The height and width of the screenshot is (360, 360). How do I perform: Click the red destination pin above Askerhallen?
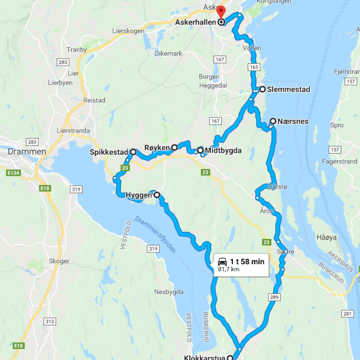pos(221,12)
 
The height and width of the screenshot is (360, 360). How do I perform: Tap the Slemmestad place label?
pos(288,89)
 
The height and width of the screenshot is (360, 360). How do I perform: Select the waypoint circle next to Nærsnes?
pos(273,121)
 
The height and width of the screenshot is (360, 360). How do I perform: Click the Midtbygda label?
pos(223,150)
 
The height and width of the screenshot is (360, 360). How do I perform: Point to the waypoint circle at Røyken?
pos(175,147)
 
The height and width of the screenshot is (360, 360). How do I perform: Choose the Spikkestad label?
pos(109,152)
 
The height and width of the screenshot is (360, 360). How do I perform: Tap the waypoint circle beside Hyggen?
pos(156,195)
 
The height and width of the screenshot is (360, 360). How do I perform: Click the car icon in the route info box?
pos(222,262)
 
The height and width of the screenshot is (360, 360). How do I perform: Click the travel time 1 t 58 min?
pos(247,262)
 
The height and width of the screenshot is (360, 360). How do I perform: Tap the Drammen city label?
pos(27,152)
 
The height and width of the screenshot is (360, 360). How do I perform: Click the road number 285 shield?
pos(62,62)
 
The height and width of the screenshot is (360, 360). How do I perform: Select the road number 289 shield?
pos(274,298)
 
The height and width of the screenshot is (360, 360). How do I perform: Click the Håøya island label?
pos(324,237)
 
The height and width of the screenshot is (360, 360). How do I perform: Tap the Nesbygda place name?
pos(168,292)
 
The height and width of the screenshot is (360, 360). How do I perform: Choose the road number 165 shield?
pos(254,67)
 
